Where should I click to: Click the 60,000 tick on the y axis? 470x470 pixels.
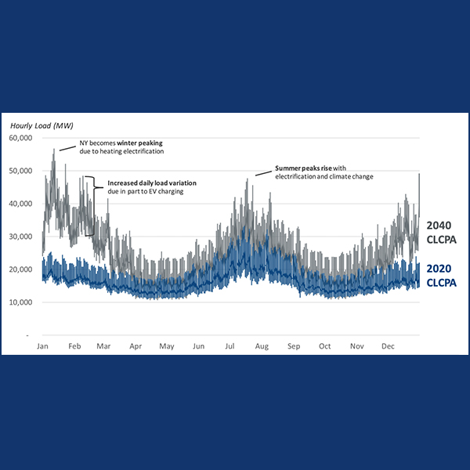pos(20,138)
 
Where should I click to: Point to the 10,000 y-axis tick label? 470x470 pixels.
pos(20,302)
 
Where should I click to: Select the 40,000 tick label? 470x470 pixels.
pos(20,204)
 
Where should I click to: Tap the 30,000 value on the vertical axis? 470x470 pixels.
pos(20,237)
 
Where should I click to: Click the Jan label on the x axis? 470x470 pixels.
pos(43,345)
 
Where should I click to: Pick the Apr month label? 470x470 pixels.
pos(135,345)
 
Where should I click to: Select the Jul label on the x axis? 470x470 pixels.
pos(230,345)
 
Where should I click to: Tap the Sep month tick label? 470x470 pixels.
pos(294,345)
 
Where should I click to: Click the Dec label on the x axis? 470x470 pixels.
pos(389,345)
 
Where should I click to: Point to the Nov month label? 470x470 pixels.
pos(357,345)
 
